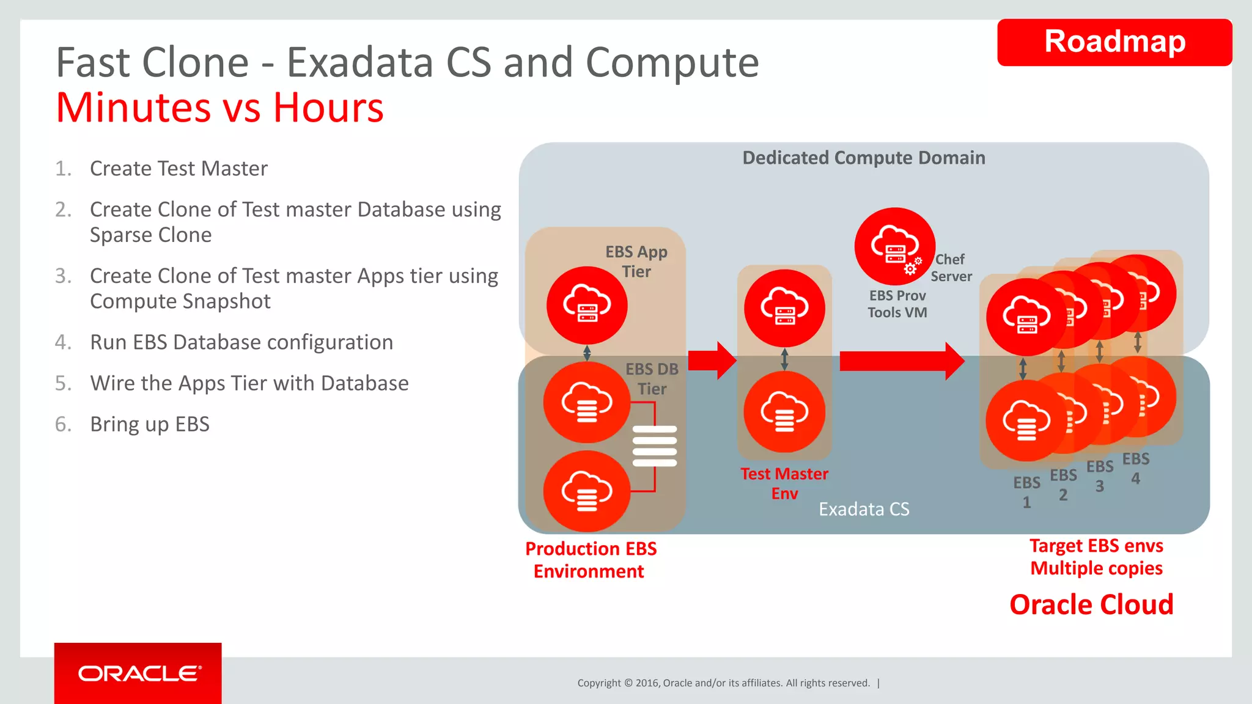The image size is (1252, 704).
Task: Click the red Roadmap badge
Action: click(1114, 42)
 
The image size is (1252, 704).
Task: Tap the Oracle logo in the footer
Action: click(138, 673)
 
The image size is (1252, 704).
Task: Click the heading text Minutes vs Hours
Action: click(219, 108)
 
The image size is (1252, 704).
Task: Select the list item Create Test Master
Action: click(178, 169)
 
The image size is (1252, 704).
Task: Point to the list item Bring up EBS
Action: click(149, 424)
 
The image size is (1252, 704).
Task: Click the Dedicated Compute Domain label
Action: click(863, 158)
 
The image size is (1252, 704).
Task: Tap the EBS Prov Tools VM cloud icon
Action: click(894, 246)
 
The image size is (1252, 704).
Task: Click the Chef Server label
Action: click(951, 268)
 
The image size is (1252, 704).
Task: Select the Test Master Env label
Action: click(784, 483)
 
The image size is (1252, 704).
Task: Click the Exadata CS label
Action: click(864, 509)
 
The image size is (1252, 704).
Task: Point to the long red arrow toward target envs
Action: click(901, 361)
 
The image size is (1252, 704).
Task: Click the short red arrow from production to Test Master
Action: click(712, 361)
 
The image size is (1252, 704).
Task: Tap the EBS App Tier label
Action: click(636, 262)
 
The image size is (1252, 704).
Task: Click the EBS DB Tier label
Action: click(652, 379)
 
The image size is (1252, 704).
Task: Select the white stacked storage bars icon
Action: click(654, 446)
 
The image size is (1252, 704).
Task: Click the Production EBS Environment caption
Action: click(591, 560)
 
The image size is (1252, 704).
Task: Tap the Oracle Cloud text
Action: click(1091, 604)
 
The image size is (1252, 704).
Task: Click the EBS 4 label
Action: click(1135, 468)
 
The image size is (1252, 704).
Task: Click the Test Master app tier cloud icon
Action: click(784, 308)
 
